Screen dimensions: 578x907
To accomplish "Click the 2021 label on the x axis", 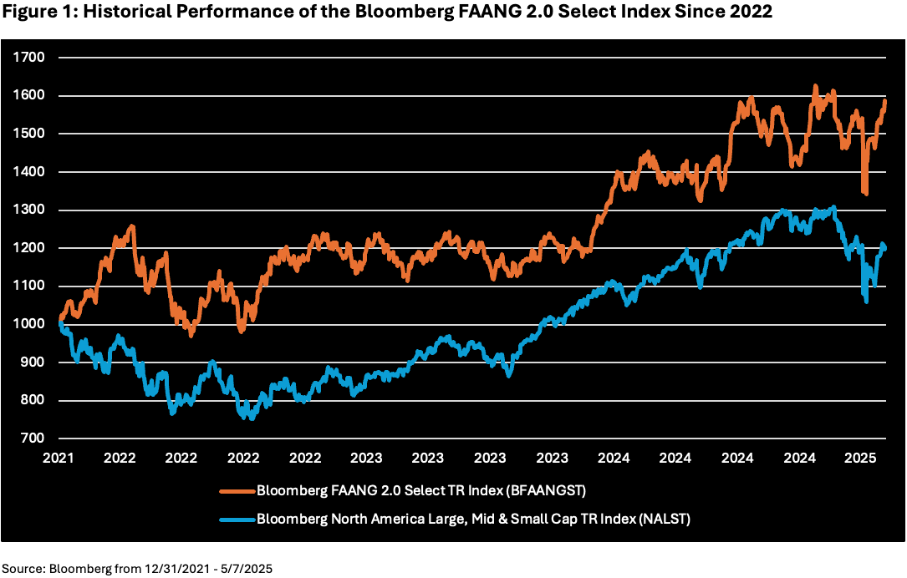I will pyautogui.click(x=59, y=458).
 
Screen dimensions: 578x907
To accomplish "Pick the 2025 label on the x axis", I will pyautogui.click(x=861, y=458).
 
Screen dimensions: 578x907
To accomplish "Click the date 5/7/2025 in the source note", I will pyautogui.click(x=246, y=567).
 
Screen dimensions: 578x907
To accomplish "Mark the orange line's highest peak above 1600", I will pyautogui.click(x=814, y=86).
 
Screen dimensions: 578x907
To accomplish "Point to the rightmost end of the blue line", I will pyautogui.click(x=884, y=247).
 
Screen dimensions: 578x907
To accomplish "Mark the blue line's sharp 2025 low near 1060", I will pyautogui.click(x=866, y=302).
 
